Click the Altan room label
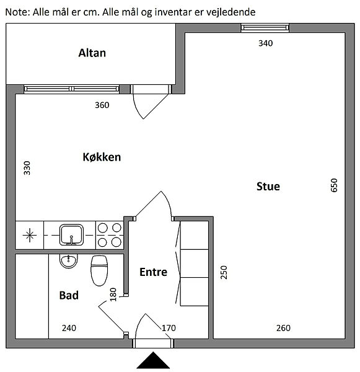(x=92, y=53)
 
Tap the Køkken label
(x=102, y=157)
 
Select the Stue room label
(x=268, y=186)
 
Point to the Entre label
(x=153, y=272)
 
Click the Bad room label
(x=69, y=295)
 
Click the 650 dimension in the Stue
(x=334, y=185)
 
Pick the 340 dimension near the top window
(x=266, y=43)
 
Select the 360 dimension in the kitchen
(x=102, y=105)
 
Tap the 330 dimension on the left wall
(x=27, y=168)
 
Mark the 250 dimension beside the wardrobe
(x=224, y=272)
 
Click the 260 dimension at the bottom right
(x=283, y=328)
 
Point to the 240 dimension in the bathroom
(x=69, y=328)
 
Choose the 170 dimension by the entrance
(x=169, y=328)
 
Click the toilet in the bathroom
(x=99, y=270)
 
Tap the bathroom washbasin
(x=68, y=261)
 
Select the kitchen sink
(x=71, y=235)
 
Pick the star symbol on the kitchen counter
(x=30, y=235)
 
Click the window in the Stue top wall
(x=265, y=28)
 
